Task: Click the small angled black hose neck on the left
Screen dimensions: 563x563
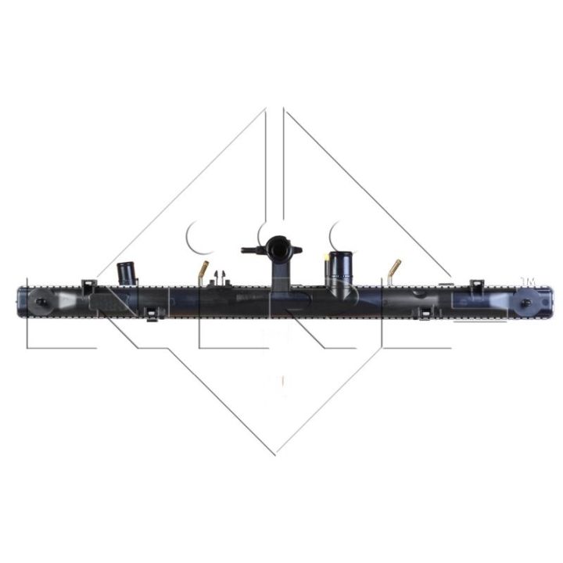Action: pos(127,274)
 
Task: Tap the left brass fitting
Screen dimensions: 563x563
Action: pos(203,274)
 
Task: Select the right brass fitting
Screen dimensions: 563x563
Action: pos(393,271)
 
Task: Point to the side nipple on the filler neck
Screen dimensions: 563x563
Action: pos(249,251)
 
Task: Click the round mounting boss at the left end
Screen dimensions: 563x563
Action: pos(41,302)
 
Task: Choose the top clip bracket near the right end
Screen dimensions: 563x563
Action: pos(474,285)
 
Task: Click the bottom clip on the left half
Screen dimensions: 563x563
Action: pos(152,314)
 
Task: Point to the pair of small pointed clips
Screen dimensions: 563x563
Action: pos(220,276)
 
